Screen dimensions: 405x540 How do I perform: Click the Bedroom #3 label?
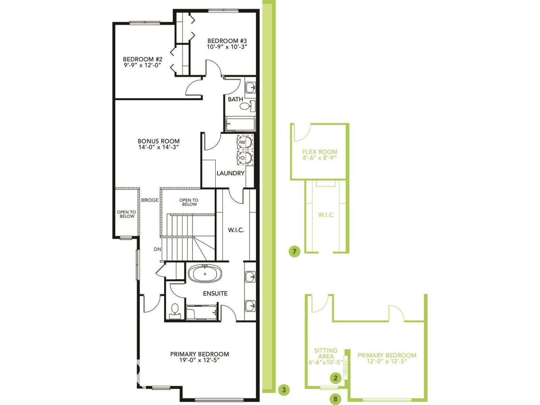pos(227,41)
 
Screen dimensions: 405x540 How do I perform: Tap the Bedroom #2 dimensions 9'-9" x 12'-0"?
pos(142,65)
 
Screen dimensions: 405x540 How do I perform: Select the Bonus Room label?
pos(158,141)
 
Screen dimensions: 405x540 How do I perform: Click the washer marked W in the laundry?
pos(245,142)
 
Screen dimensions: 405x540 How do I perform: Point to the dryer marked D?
pos(245,158)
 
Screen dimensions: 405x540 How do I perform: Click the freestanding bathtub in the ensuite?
pos(205,273)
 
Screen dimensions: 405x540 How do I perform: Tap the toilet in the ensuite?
pos(175,309)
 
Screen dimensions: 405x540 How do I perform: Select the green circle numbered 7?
pos(294,251)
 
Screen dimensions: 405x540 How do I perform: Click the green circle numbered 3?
pos(284,390)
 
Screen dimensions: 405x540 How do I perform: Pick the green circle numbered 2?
pos(335,378)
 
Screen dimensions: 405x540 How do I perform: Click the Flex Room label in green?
pos(320,152)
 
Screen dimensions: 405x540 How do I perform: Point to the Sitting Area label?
pos(326,353)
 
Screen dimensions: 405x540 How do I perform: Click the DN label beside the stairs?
pos(157,249)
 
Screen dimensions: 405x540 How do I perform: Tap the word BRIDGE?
pos(150,200)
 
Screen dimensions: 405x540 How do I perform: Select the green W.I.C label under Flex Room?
pos(326,215)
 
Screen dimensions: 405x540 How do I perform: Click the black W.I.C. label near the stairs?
pos(236,230)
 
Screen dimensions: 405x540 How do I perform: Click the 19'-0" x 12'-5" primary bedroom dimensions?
pos(199,360)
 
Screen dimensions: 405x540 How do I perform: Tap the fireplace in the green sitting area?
pos(346,367)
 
